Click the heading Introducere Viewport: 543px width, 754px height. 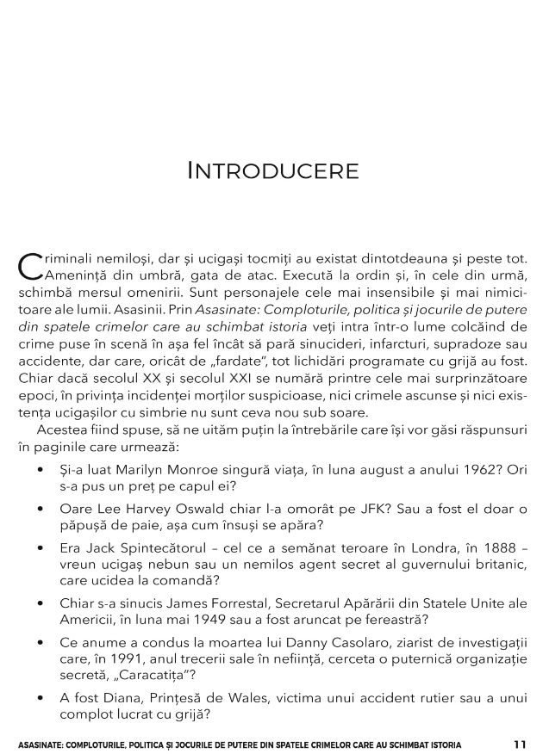point(272,170)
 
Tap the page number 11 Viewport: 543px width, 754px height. point(519,744)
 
